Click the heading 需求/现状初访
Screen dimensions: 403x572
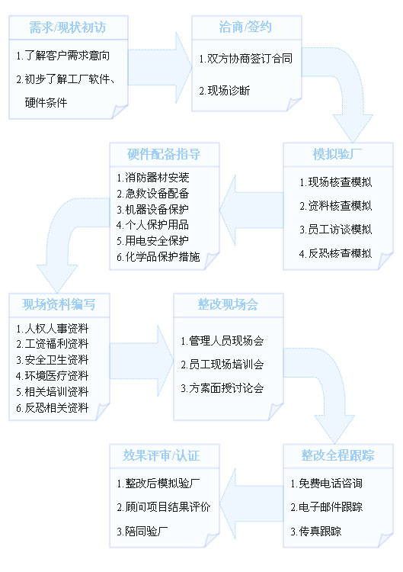pyautogui.click(x=67, y=27)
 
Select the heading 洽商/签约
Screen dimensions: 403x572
pyautogui.click(x=245, y=27)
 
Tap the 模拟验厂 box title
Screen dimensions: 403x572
pyautogui.click(x=337, y=154)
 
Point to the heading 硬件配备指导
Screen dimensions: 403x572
pyautogui.click(x=164, y=154)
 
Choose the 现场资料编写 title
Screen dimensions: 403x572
pyautogui.click(x=59, y=304)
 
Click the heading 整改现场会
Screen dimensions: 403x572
pyautogui.click(x=228, y=304)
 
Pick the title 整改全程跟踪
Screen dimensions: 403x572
pyautogui.click(x=337, y=455)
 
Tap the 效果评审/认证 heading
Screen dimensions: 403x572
pyautogui.click(x=161, y=455)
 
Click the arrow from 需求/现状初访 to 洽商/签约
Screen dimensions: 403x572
pyautogui.click(x=159, y=67)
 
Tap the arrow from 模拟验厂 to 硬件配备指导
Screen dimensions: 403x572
pyautogui.click(x=251, y=210)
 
